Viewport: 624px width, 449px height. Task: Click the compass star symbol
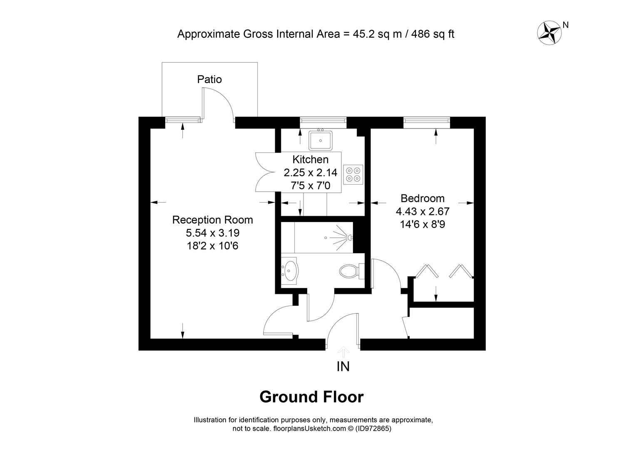(549, 33)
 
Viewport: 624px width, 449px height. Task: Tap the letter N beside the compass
(565, 25)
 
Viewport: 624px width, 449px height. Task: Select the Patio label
(209, 79)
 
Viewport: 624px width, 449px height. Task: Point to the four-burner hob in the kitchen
(353, 175)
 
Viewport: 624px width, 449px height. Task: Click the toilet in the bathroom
(352, 270)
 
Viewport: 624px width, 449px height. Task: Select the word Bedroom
(423, 198)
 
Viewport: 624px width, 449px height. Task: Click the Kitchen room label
(311, 159)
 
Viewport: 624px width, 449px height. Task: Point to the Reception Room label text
(213, 220)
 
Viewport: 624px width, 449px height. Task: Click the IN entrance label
(343, 366)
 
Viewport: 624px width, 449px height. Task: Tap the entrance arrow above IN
(343, 352)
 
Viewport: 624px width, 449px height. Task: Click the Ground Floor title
(311, 397)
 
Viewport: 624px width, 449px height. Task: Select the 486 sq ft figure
(433, 34)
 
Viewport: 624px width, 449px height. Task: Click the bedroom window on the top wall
(427, 120)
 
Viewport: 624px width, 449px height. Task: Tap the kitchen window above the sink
(323, 120)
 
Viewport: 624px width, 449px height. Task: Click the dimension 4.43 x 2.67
(423, 212)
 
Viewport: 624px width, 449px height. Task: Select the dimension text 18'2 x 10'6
(213, 246)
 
